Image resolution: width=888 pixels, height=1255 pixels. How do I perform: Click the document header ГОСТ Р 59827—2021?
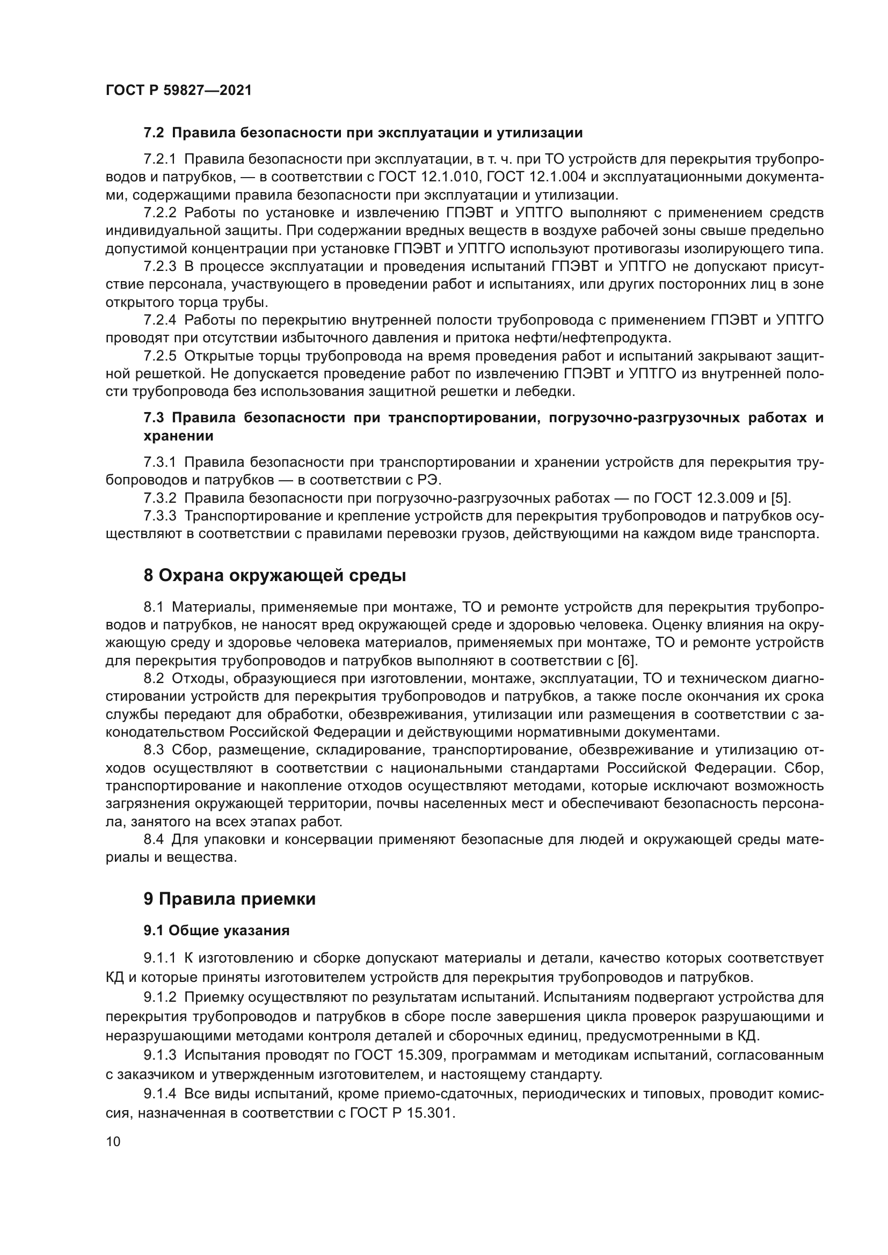point(179,90)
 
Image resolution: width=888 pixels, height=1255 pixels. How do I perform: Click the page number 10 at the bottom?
point(113,1141)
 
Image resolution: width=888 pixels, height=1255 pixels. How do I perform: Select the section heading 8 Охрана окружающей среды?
point(274,576)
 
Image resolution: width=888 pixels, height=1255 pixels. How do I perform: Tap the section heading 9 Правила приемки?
point(230,899)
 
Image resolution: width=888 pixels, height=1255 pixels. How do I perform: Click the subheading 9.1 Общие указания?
point(216,931)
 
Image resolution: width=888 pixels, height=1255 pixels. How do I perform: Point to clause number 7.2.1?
point(159,159)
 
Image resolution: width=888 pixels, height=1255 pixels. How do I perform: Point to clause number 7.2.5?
point(159,356)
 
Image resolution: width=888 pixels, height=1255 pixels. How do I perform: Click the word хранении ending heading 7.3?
point(178,436)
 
